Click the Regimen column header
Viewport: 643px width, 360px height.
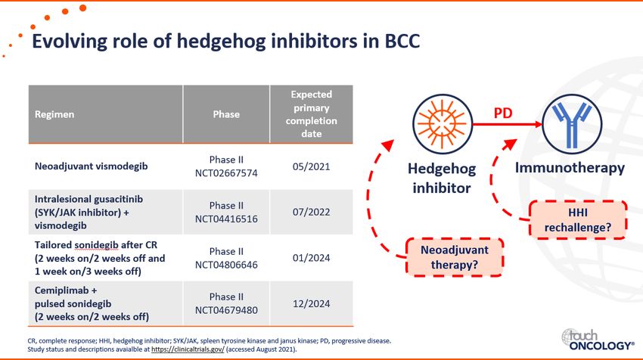coord(54,114)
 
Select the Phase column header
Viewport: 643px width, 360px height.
coord(226,114)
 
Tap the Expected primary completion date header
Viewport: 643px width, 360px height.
coord(311,114)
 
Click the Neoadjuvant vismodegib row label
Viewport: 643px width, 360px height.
coord(91,166)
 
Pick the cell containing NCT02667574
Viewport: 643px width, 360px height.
coord(226,166)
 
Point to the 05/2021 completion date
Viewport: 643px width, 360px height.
coord(311,166)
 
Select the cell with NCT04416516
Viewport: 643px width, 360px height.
coord(226,212)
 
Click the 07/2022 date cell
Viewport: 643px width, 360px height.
coord(311,212)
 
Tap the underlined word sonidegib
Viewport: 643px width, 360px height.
coord(96,245)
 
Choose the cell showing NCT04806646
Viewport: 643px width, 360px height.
coord(226,258)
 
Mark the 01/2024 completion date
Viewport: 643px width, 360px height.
coord(311,258)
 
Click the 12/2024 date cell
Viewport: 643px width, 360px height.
coord(311,304)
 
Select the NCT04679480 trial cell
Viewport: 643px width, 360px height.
coord(226,303)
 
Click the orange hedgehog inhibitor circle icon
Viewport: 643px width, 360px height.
coord(442,124)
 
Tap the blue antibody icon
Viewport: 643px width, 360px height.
coord(572,124)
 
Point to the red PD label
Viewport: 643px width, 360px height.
coord(503,113)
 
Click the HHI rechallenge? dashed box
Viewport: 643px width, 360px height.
coord(578,220)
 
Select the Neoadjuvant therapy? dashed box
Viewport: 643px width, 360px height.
coord(455,257)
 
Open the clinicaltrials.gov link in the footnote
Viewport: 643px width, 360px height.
coord(188,349)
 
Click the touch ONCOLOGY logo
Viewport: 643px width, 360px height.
coord(598,340)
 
